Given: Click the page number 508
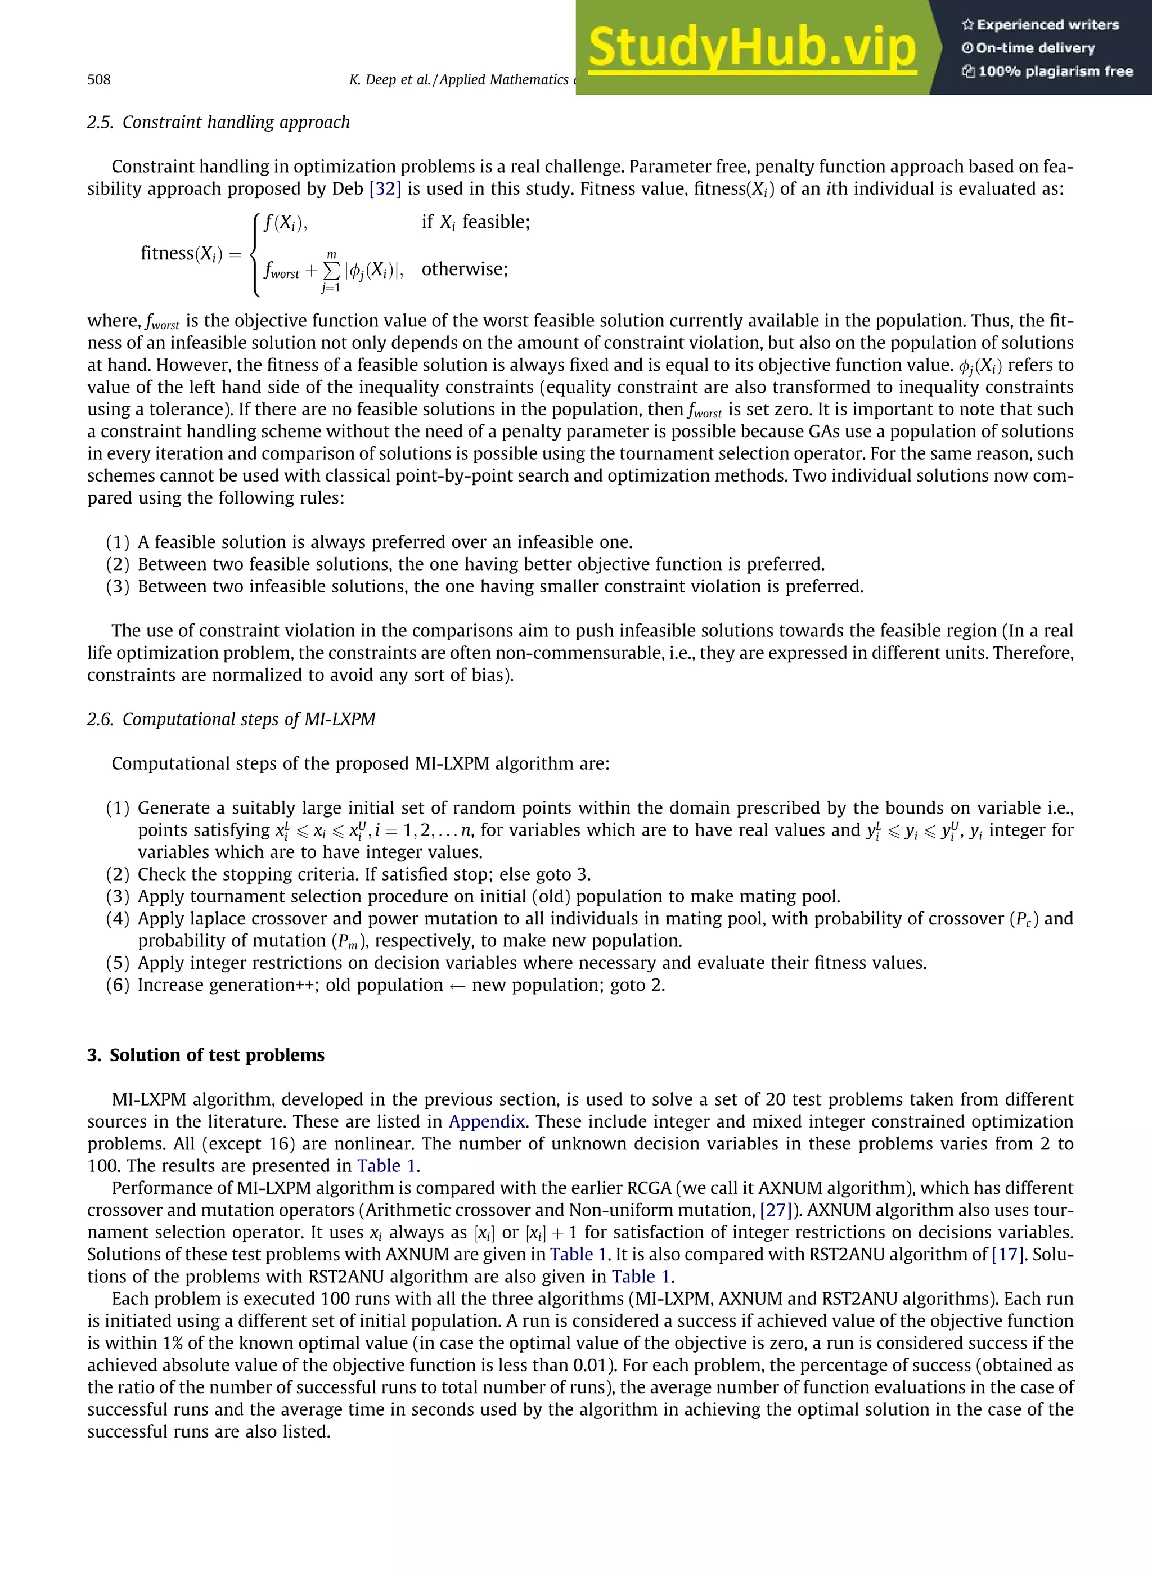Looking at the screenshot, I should coord(98,79).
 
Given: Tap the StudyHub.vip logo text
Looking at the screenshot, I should coord(751,49).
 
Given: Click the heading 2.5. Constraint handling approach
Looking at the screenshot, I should coord(218,122).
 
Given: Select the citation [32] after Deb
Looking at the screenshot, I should coord(385,189).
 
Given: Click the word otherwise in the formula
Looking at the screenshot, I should coord(465,269).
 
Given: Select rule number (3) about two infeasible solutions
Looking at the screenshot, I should coord(118,586).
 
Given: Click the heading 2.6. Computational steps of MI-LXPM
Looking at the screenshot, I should coord(231,719).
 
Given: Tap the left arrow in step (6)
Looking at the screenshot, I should coord(457,986).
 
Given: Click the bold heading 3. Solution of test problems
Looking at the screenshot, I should coord(206,1055).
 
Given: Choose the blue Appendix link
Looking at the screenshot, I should coord(487,1121).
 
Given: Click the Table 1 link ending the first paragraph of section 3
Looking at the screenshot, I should coord(387,1166).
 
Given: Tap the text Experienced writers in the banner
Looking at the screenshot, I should coord(1047,25).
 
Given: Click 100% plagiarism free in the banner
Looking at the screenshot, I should coord(1054,71).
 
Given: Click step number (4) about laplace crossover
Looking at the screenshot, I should coord(118,919).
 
